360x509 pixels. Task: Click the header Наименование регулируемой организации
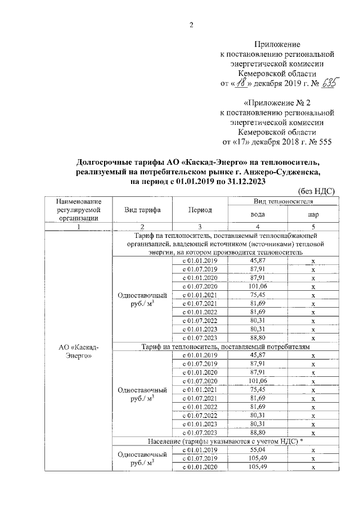[x=79, y=210]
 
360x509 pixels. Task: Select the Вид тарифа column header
[x=142, y=210]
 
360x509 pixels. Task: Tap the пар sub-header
[x=313, y=215]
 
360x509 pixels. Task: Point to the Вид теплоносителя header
[x=284, y=201]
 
